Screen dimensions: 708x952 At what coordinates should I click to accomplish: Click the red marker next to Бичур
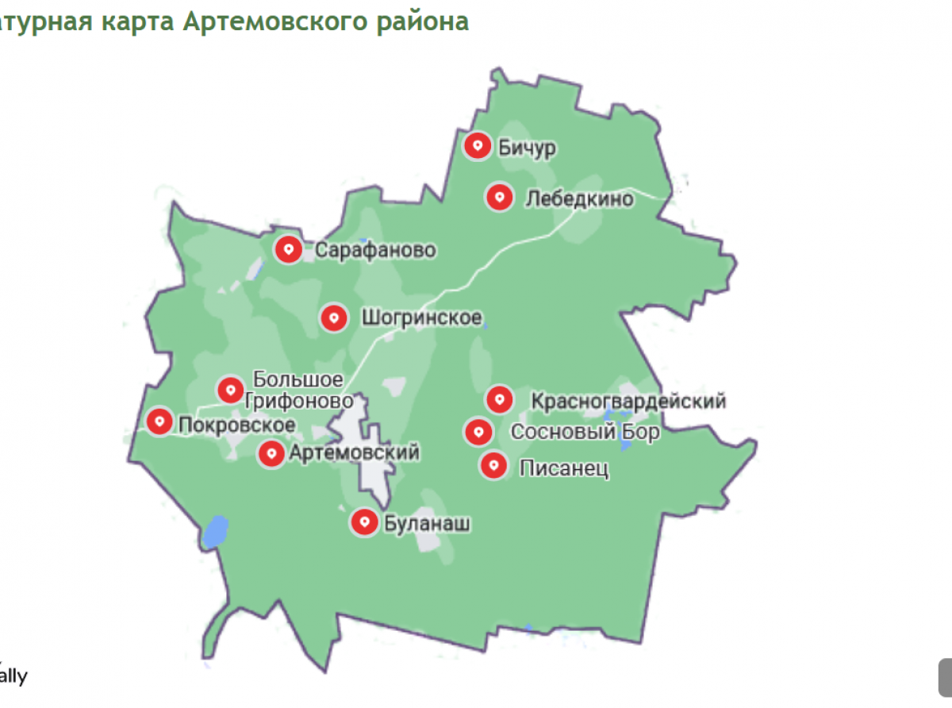[x=478, y=146]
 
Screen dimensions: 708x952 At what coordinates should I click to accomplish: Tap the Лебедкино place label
[x=579, y=198]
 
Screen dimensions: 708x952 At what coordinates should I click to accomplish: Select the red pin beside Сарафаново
[x=288, y=250]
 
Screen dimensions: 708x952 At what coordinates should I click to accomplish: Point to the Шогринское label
[x=421, y=318]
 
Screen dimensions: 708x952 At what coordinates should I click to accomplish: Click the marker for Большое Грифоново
[x=231, y=390]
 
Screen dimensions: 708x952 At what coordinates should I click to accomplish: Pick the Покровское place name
[x=237, y=425]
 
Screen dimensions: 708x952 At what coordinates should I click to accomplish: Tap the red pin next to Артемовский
[x=272, y=454]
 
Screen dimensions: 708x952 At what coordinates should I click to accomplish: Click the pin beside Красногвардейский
[x=499, y=399]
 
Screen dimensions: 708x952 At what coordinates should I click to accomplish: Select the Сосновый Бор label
[x=585, y=433]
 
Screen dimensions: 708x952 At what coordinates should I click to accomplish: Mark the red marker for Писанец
[x=494, y=465]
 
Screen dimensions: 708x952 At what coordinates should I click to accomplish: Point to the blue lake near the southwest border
[x=215, y=533]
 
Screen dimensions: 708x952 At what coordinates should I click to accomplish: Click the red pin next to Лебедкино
[x=499, y=197]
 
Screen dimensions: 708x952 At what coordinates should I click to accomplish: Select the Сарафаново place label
[x=375, y=251]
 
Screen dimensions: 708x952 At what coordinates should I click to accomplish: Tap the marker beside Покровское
[x=160, y=421]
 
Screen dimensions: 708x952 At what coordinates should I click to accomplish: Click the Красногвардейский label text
[x=628, y=401]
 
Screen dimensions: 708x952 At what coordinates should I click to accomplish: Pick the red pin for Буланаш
[x=365, y=522]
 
